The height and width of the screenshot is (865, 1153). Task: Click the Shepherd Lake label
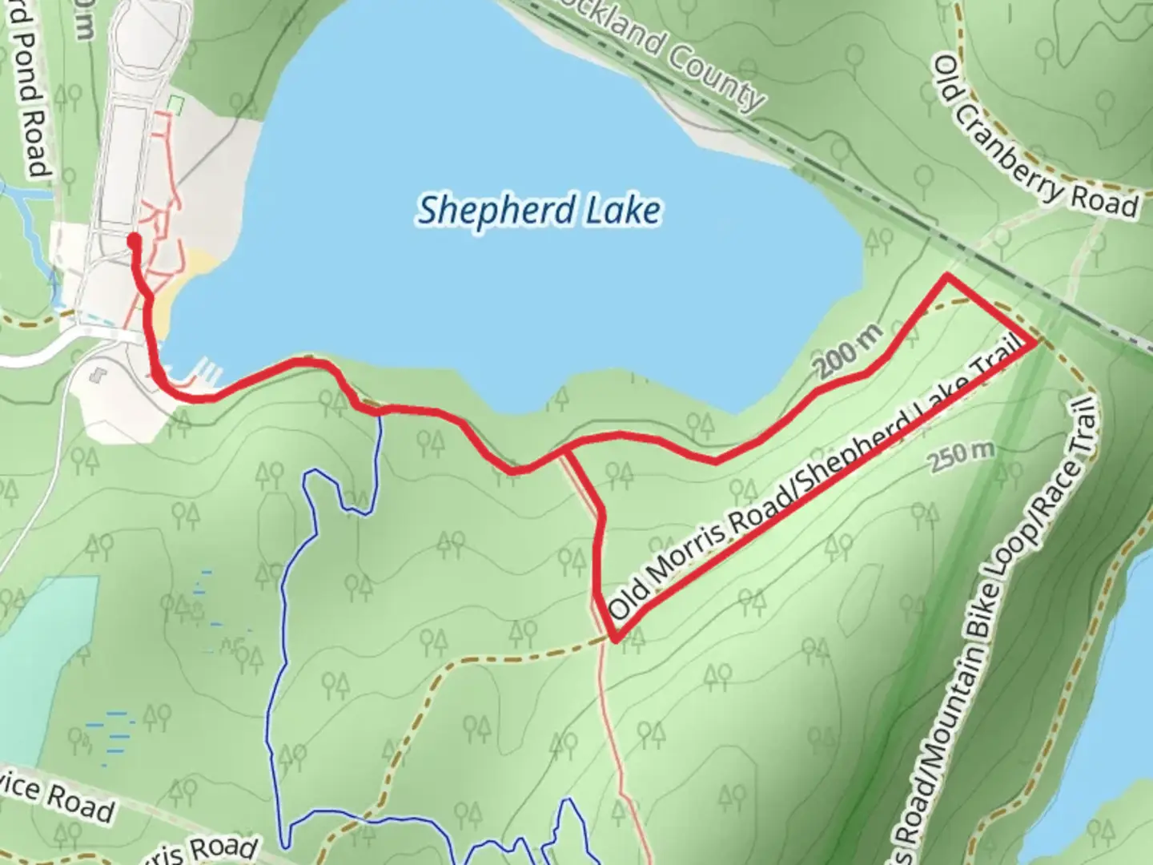pos(540,210)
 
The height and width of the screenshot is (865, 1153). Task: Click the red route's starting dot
pos(134,239)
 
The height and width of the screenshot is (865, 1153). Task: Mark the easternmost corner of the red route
pos(1036,342)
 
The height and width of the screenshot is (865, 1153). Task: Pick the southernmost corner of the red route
pos(615,639)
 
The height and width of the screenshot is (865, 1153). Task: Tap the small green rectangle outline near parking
pos(177,104)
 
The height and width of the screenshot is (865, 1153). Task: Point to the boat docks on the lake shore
pos(207,372)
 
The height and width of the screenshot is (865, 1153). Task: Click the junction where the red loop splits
pos(566,452)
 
